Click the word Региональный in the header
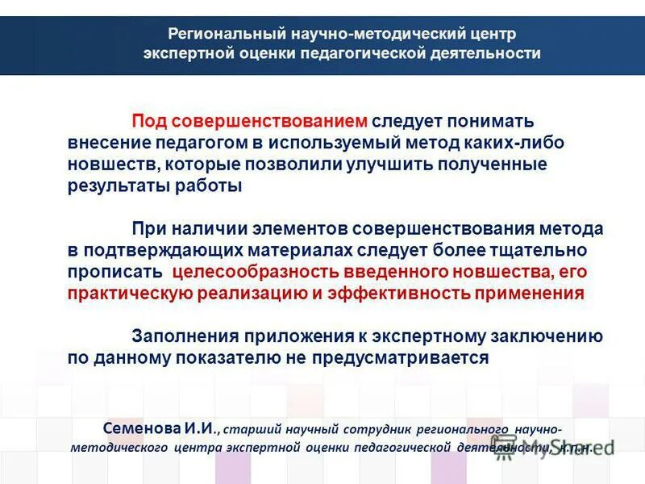(217, 35)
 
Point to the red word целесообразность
(256, 273)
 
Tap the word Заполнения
(178, 336)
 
